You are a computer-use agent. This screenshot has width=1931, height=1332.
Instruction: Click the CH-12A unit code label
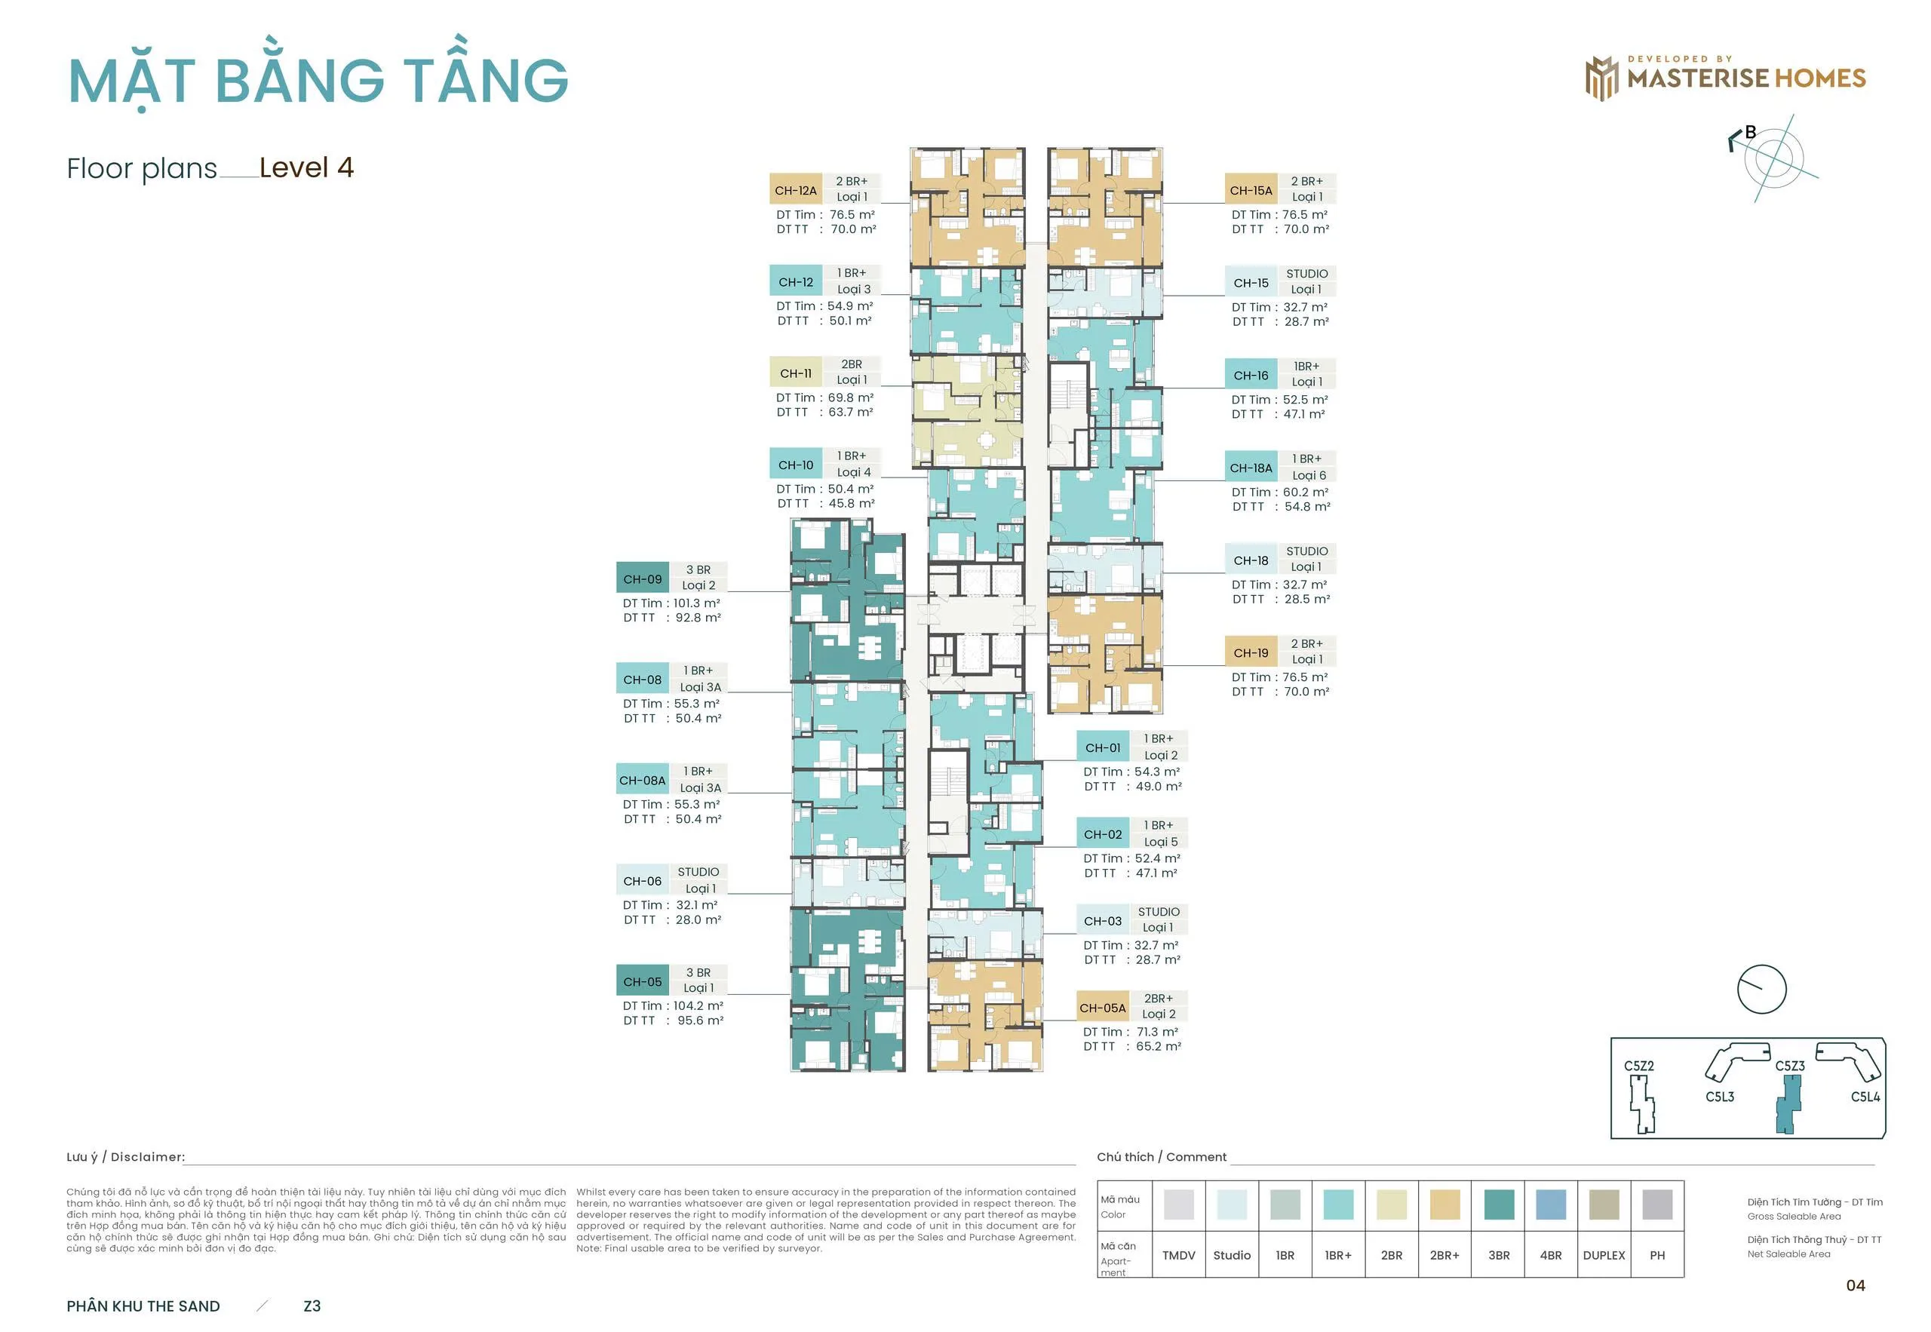tap(795, 189)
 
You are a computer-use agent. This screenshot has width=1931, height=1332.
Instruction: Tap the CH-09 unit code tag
tap(643, 579)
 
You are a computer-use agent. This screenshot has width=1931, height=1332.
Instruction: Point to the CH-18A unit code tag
tap(1251, 468)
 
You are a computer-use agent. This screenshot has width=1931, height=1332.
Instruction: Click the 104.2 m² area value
tap(698, 1005)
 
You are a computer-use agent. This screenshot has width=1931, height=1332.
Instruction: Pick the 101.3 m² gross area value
tap(696, 603)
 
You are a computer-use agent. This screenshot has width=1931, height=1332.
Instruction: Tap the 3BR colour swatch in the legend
tap(1499, 1205)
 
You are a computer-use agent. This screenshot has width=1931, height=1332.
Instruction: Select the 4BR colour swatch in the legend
tap(1551, 1205)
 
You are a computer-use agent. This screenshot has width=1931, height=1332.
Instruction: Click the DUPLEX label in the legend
tap(1604, 1255)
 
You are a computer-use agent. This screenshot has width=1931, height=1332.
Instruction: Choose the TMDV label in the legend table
tap(1178, 1255)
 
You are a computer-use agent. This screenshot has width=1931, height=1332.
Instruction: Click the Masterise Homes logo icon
tap(1601, 78)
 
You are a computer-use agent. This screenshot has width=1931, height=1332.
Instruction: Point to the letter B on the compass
tap(1751, 132)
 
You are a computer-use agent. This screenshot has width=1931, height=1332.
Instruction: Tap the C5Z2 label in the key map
tap(1639, 1066)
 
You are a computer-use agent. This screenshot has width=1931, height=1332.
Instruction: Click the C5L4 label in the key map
tap(1865, 1097)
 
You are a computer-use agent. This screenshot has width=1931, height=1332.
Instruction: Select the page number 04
tap(1855, 1285)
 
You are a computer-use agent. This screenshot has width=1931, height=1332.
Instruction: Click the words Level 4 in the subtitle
tap(306, 167)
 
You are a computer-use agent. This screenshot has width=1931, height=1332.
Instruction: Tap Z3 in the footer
tap(312, 1306)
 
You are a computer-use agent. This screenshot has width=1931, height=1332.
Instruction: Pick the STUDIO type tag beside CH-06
tap(698, 871)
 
